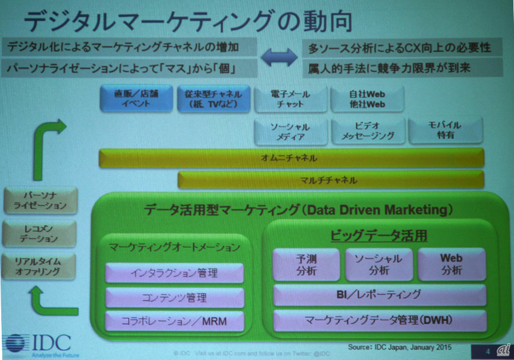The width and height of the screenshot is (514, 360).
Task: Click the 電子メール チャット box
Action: pos(291,98)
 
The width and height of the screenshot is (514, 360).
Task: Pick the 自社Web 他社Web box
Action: pos(367,98)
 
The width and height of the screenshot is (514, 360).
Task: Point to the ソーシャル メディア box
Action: pos(290,131)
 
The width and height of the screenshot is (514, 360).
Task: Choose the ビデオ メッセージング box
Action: pos(368,131)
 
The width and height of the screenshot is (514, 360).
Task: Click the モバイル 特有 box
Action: pos(446,130)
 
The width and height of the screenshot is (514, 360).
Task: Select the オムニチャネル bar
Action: pos(291,158)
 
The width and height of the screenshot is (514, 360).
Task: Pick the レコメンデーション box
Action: pos(39,234)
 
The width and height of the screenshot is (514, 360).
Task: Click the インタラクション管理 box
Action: pos(174,273)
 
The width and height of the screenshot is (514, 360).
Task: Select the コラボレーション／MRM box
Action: pos(174,322)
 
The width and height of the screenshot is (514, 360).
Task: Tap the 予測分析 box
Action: pos(307,265)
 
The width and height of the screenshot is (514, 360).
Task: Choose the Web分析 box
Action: pos(451,264)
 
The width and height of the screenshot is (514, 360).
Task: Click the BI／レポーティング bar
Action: pos(380,295)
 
